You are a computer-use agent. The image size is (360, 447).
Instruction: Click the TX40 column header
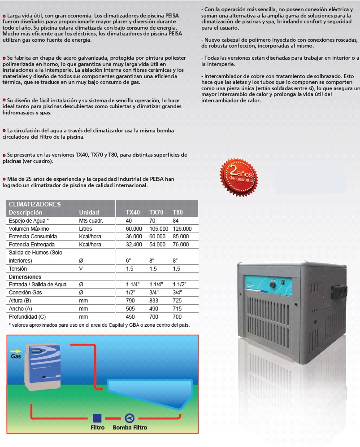133,212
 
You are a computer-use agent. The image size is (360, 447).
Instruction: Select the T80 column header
178,212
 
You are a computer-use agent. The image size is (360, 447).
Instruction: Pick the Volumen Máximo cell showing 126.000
182,228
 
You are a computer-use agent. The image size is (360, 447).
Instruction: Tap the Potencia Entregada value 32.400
134,245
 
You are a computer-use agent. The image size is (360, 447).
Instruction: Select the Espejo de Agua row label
29,220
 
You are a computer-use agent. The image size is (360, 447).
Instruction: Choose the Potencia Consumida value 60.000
157,237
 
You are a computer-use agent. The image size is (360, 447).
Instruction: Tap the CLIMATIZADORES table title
35,204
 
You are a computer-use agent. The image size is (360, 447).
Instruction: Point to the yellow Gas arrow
15,351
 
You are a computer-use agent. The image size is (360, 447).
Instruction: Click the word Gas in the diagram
16,358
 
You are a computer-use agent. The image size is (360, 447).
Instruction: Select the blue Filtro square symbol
97,418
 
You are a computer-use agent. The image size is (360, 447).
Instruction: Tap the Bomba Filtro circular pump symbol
130,418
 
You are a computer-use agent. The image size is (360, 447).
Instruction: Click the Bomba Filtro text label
130,428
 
